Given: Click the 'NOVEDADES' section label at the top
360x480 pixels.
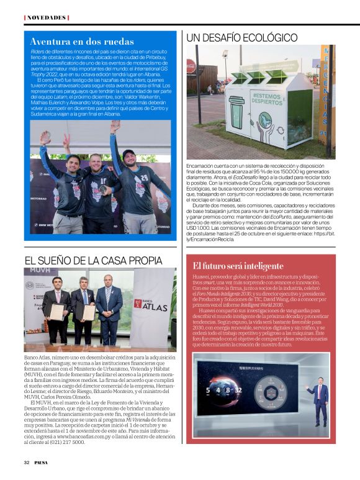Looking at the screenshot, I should (x=46, y=17).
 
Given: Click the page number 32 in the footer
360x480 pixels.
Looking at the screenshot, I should (x=27, y=462).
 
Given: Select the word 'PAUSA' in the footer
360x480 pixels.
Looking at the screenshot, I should (x=42, y=462).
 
